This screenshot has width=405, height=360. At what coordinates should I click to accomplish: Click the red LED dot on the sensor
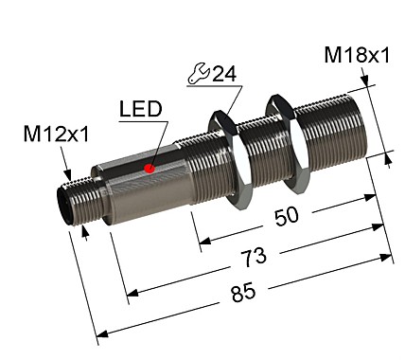tap(149, 169)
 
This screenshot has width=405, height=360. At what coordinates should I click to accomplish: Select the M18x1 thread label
tap(357, 56)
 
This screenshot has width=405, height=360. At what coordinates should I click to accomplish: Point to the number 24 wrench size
tap(224, 74)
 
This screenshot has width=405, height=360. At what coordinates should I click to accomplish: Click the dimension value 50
tap(285, 216)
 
